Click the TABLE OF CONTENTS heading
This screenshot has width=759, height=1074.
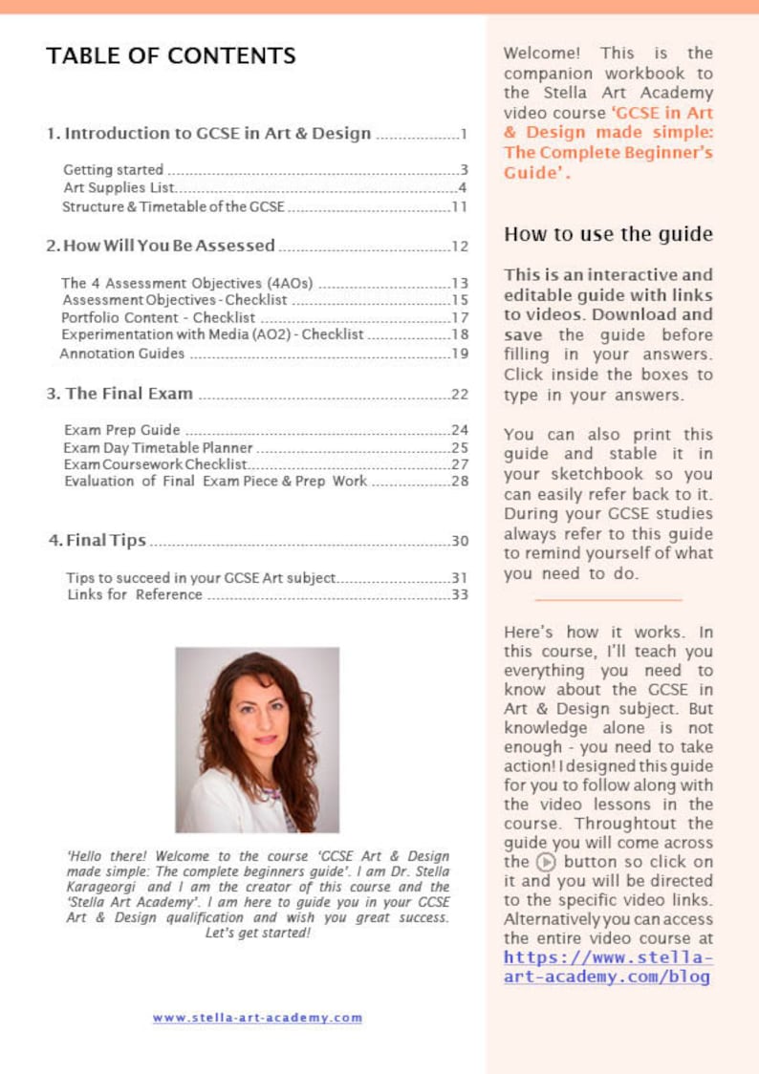tap(171, 55)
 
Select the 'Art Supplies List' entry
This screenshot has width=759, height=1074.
tap(118, 187)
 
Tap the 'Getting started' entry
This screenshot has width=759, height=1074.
tap(113, 170)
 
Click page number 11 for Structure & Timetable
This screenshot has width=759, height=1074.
tap(459, 206)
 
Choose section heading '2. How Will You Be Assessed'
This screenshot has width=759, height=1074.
tap(162, 246)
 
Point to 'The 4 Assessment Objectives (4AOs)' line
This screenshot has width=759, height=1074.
tap(189, 283)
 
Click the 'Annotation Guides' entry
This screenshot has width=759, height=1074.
tap(121, 353)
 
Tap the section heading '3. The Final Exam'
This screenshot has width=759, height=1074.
tap(120, 394)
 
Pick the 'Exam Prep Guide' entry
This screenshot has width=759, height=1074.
tap(121, 430)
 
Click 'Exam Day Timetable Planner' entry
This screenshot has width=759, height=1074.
tap(158, 447)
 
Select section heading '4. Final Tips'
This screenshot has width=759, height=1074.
tap(98, 541)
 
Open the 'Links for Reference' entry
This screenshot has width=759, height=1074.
tap(135, 595)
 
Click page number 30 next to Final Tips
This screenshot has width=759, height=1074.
tap(459, 542)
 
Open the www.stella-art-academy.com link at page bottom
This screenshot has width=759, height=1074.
tap(257, 1018)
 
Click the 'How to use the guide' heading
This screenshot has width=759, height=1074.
tap(608, 234)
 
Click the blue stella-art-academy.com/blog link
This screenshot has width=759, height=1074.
tap(608, 967)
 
